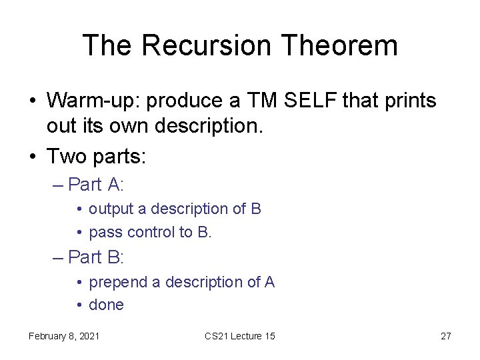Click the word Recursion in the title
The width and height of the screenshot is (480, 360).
pyautogui.click(x=206, y=46)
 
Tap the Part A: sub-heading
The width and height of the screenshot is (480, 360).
pyautogui.click(x=96, y=184)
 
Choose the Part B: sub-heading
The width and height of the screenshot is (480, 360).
pyautogui.click(x=96, y=257)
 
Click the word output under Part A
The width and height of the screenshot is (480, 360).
pyautogui.click(x=111, y=209)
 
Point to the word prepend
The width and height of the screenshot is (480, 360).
pyautogui.click(x=118, y=283)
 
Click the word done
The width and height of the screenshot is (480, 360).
pyautogui.click(x=107, y=305)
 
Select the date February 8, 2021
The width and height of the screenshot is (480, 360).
pyautogui.click(x=64, y=336)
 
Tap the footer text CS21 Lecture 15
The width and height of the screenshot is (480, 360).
pyautogui.click(x=240, y=336)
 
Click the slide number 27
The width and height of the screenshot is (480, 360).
pyautogui.click(x=446, y=336)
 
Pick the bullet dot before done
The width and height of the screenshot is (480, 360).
pyautogui.click(x=79, y=305)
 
